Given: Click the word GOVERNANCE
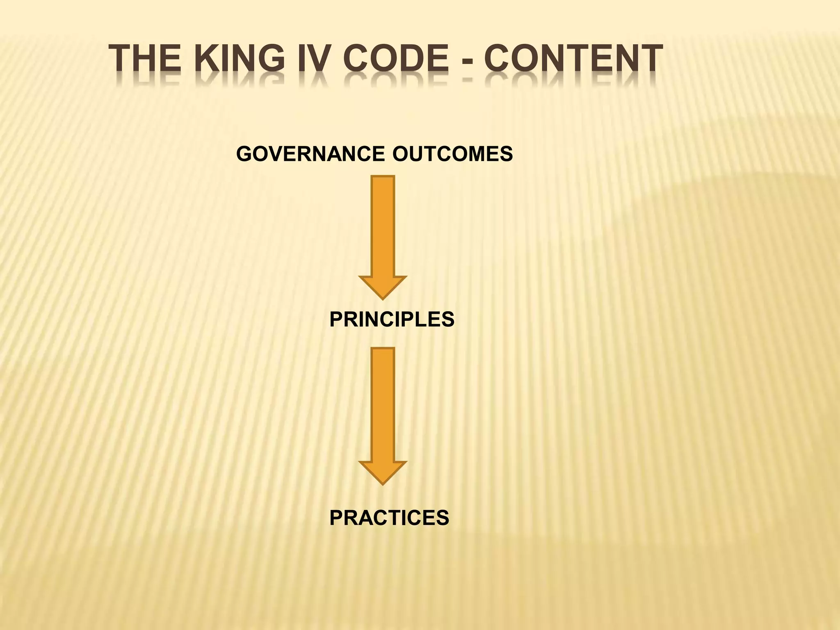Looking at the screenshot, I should click(x=310, y=154).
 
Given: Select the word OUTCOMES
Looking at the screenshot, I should click(x=452, y=154).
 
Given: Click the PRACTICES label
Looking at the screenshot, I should click(x=389, y=518).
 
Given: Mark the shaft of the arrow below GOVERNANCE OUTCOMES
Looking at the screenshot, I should click(x=383, y=226).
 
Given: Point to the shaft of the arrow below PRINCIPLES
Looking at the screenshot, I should click(x=383, y=404).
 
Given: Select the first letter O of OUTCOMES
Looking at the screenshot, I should click(x=400, y=154).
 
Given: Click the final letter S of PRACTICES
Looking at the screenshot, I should click(x=443, y=518).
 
